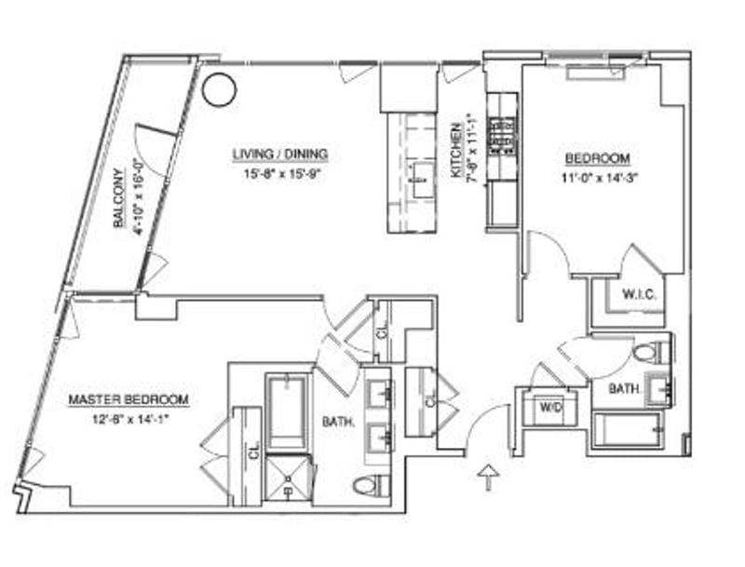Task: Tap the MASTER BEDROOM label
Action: click(x=129, y=399)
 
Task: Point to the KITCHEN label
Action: click(x=456, y=149)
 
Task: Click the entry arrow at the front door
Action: click(x=487, y=477)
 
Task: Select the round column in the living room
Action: click(x=220, y=89)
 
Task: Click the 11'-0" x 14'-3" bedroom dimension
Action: click(x=597, y=174)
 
